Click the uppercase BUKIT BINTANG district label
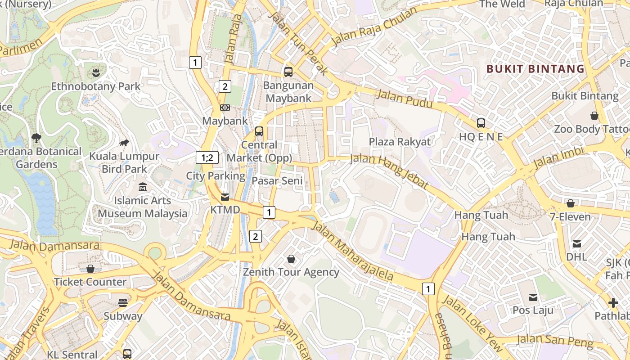(535, 69)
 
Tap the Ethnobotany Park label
(95, 86)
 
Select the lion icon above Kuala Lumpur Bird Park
(124, 143)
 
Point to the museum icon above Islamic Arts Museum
(143, 187)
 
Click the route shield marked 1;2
(207, 157)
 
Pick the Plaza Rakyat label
(400, 142)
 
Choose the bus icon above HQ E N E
(481, 123)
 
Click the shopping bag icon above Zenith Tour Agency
(291, 259)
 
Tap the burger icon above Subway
(123, 302)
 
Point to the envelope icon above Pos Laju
(533, 297)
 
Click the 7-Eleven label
(570, 217)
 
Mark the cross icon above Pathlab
(613, 302)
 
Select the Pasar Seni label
(277, 181)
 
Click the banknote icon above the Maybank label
(225, 108)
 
